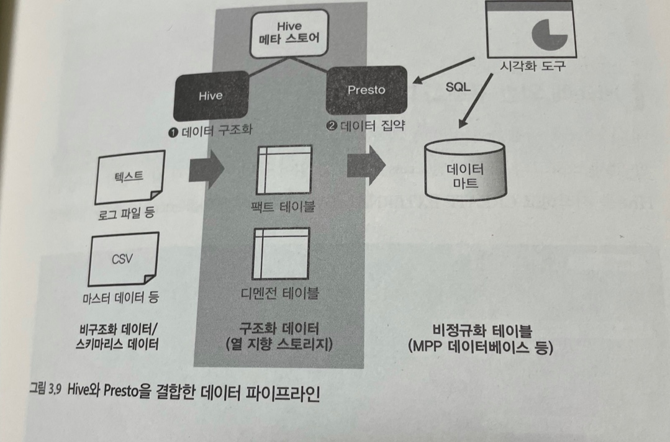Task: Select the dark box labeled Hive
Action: coord(210,95)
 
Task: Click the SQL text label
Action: coord(458,87)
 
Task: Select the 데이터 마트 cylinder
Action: coord(465,168)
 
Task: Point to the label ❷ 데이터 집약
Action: coord(366,126)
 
